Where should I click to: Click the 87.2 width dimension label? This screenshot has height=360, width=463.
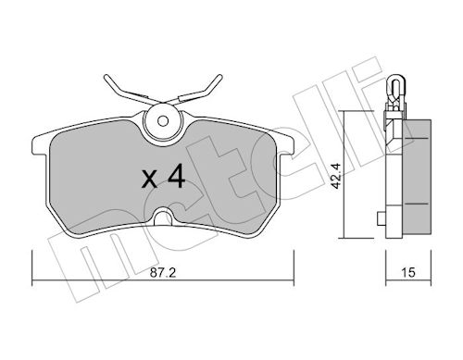(163, 273)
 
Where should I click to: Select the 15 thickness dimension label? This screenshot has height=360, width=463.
(408, 273)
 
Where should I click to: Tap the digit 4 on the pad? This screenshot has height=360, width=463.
(175, 177)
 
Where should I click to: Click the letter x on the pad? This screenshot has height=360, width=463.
(149, 180)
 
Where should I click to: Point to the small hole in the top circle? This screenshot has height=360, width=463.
(163, 120)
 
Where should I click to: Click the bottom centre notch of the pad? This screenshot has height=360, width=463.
(163, 217)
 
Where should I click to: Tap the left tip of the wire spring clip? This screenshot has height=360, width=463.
(106, 76)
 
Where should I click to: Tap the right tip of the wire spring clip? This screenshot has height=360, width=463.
(220, 76)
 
